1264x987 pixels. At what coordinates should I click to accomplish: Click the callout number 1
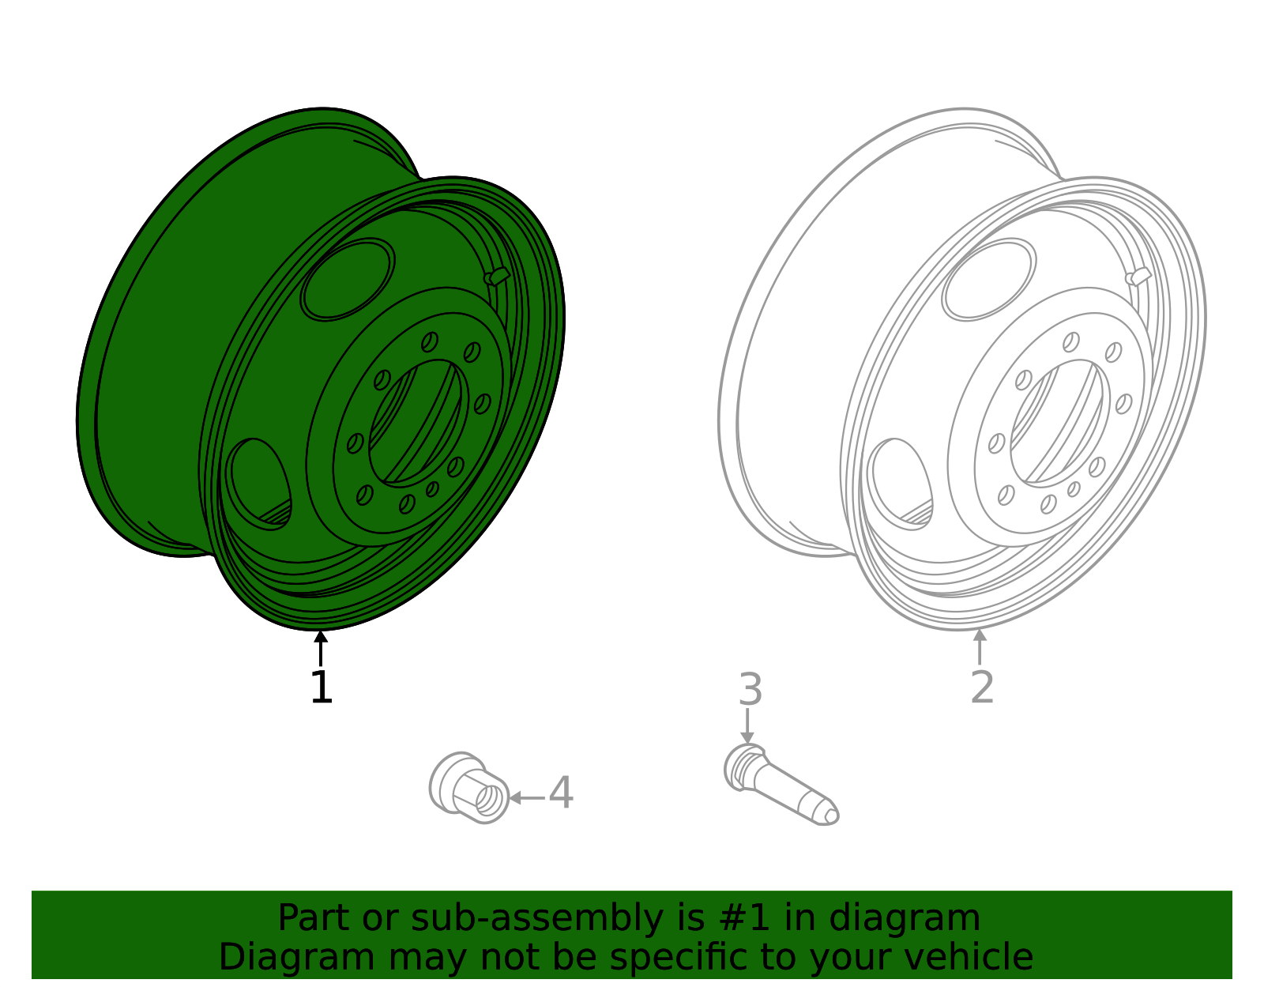(322, 687)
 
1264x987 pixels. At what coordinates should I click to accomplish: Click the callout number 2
(983, 687)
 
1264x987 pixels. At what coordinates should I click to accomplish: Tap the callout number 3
(750, 690)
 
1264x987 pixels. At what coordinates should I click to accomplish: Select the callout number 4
(562, 793)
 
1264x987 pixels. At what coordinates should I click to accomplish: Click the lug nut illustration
(468, 788)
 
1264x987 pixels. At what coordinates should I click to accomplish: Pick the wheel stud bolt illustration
(781, 784)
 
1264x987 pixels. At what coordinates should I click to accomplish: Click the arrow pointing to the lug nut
(527, 798)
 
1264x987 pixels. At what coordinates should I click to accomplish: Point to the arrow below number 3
(747, 726)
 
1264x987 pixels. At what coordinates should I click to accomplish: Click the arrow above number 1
(321, 649)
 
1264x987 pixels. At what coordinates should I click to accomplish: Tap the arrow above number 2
(980, 646)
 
